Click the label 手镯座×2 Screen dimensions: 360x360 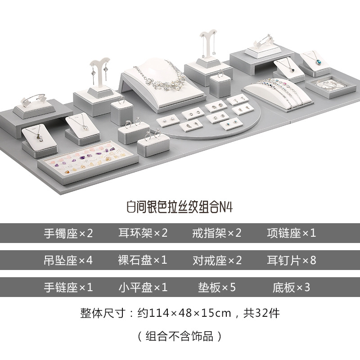coord(68,233)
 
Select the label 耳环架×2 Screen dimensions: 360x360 coord(143,233)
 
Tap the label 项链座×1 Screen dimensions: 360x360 coord(292,233)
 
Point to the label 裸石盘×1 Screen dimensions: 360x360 coord(143,260)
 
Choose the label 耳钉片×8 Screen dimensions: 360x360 coord(292,260)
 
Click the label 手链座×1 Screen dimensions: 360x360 coord(68,287)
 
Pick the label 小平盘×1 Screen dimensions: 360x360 coord(143,287)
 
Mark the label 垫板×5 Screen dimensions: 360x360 coord(217,287)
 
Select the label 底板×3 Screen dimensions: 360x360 coord(292,287)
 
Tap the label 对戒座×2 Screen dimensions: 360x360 coord(217,260)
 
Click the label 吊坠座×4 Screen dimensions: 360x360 coord(68,260)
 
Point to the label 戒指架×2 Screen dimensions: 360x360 coord(217,233)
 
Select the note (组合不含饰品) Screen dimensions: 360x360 coord(180,335)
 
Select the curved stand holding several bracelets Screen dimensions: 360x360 coord(274,90)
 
